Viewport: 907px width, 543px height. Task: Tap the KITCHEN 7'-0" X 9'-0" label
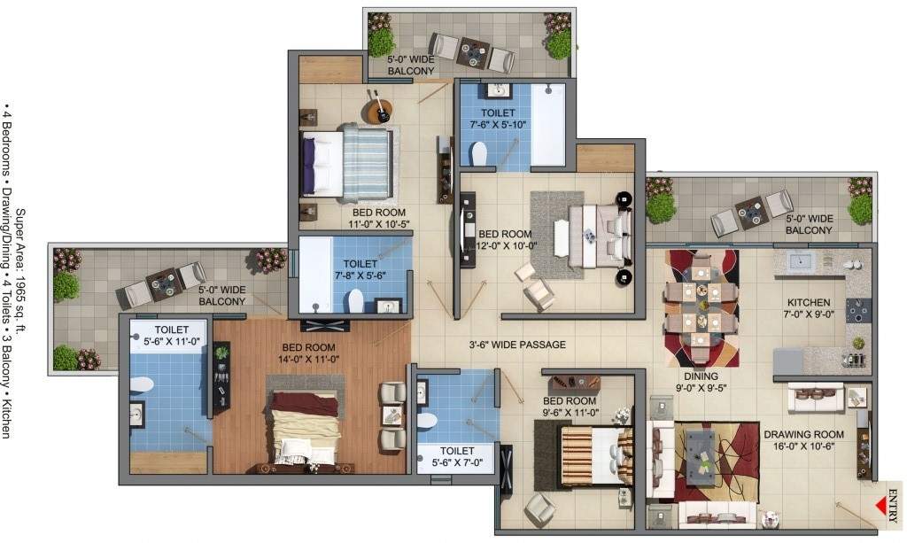click(x=809, y=308)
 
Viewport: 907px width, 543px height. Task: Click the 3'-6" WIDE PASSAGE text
click(x=517, y=345)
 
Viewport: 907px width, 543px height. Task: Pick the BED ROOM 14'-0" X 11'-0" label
click(x=308, y=353)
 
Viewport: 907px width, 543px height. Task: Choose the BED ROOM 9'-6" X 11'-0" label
click(x=570, y=407)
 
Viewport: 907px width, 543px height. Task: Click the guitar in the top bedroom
click(x=381, y=111)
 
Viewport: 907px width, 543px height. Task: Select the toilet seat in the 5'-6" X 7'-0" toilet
click(x=426, y=419)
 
